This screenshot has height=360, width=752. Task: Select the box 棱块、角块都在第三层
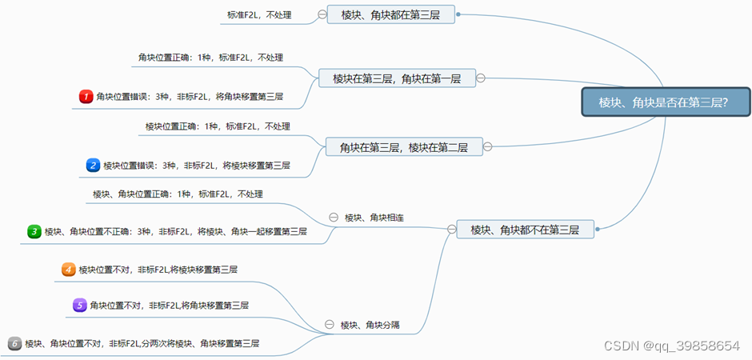coord(390,14)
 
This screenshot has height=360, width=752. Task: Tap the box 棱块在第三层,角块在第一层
coord(396,78)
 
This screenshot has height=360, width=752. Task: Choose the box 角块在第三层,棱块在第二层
coord(403,146)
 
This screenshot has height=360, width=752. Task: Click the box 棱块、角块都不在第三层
coord(525,230)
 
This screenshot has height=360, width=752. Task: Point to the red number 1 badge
coord(86,97)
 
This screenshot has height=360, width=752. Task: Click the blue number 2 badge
coord(94,166)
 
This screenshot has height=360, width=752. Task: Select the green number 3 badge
coord(34,231)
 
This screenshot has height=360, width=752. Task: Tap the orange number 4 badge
coord(69,270)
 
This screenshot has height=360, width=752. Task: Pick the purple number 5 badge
coord(80,305)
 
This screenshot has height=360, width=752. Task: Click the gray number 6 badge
coord(14,343)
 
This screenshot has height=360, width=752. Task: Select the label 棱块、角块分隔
coord(370,325)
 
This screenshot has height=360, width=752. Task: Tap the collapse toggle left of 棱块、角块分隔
coord(329,325)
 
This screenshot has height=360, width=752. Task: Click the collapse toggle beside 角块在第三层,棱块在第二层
coord(487,146)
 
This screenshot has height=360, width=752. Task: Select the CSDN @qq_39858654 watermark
coord(671,346)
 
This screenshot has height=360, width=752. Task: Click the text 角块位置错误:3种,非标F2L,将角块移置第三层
coord(189,97)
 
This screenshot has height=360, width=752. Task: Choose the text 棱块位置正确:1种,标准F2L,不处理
coord(218,126)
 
